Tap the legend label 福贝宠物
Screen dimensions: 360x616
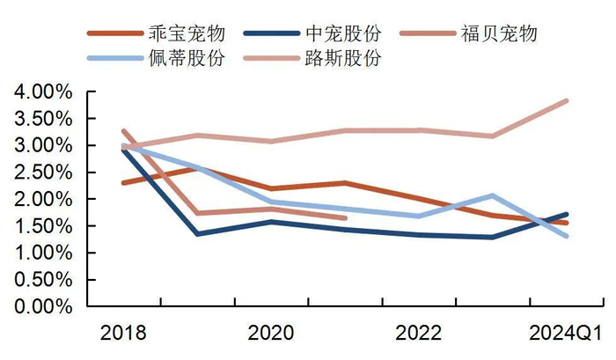(x=498, y=34)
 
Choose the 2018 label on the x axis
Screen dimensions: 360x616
(x=124, y=334)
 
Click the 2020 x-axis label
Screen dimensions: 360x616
(x=272, y=334)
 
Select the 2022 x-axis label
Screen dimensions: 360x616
(x=420, y=334)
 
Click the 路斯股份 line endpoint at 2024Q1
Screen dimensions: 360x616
(x=568, y=100)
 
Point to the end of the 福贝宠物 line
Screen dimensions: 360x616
(x=346, y=218)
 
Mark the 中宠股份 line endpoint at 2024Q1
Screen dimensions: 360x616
(x=568, y=214)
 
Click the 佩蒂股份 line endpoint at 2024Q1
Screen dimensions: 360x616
(x=568, y=236)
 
